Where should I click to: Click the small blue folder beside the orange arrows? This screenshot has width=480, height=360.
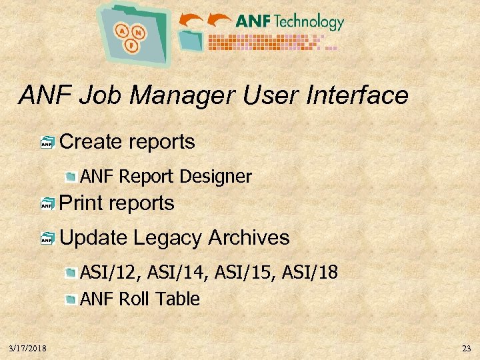pos(193,39)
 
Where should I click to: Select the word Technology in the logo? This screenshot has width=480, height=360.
pos(309,21)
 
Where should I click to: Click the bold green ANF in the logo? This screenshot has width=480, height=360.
pos(253,21)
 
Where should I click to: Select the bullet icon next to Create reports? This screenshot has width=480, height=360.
pos(47,142)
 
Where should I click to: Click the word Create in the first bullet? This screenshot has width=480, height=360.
pos(91,142)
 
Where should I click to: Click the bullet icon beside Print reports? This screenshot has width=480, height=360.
pos(47,204)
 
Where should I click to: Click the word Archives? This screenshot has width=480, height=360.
pos(249,237)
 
